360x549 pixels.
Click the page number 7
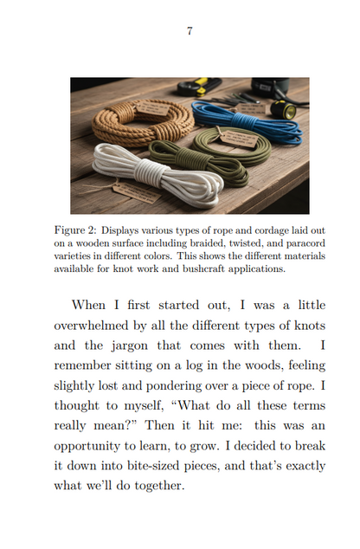click(x=190, y=31)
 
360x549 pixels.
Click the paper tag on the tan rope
click(x=153, y=110)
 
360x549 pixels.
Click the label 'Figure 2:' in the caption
click(x=74, y=231)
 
